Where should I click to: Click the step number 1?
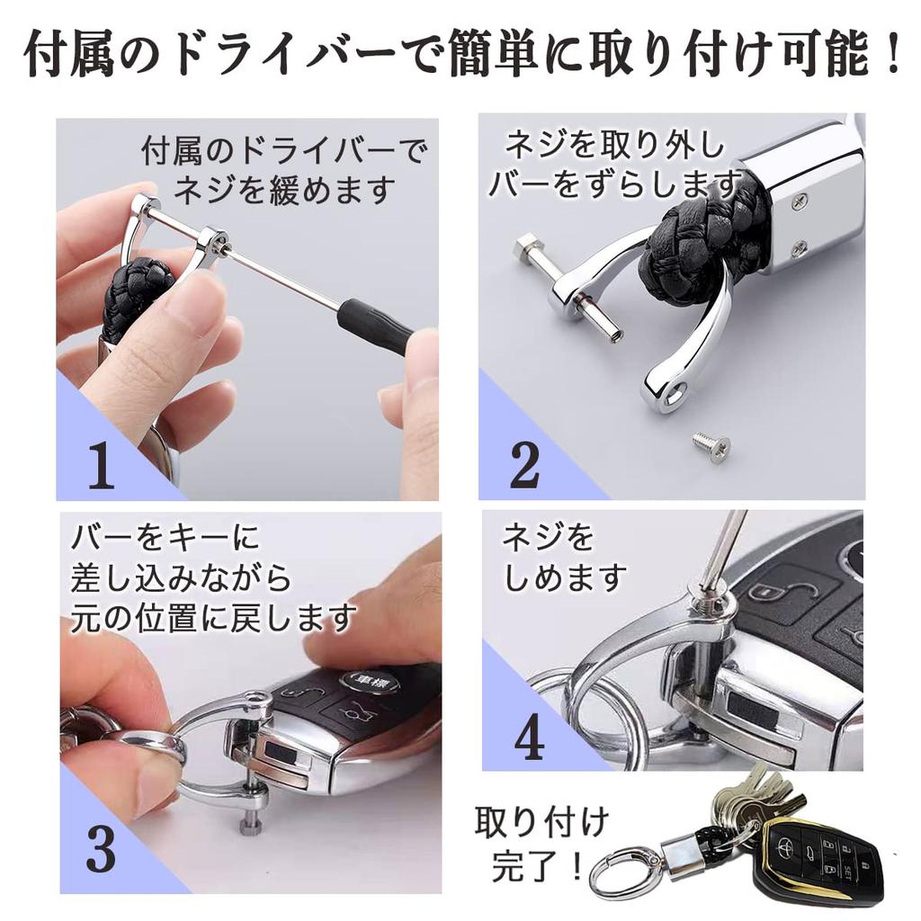pos(101,465)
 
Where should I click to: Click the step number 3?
pos(101,849)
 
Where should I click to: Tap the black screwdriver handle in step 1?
pos(375,326)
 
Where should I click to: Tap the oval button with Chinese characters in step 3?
pos(370,681)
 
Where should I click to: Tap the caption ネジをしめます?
pos(562,558)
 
